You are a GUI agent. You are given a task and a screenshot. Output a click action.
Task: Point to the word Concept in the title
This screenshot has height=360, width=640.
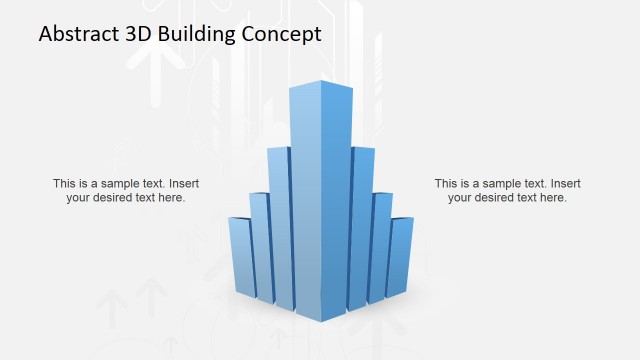(x=282, y=34)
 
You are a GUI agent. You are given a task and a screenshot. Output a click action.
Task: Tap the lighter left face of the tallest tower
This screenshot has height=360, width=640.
(x=306, y=200)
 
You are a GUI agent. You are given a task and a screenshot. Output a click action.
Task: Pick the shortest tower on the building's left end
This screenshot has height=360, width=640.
(x=240, y=255)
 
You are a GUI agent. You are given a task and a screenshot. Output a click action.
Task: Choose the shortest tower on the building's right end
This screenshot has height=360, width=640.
(x=401, y=255)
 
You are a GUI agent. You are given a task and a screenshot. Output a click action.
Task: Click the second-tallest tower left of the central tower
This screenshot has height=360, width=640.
(x=279, y=225)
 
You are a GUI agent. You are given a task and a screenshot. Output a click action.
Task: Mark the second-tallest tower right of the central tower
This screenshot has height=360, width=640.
(x=361, y=225)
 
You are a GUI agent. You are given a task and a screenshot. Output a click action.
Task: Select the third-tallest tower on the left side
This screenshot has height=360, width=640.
(x=259, y=245)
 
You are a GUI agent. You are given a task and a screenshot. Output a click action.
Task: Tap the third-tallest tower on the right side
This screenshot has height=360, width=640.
(x=381, y=245)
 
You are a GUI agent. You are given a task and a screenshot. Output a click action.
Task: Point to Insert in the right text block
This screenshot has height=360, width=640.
(x=565, y=184)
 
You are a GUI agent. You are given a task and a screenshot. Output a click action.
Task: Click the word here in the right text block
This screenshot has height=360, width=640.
(x=552, y=198)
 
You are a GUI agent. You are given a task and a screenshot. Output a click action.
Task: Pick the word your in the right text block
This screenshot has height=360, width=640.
(x=460, y=198)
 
